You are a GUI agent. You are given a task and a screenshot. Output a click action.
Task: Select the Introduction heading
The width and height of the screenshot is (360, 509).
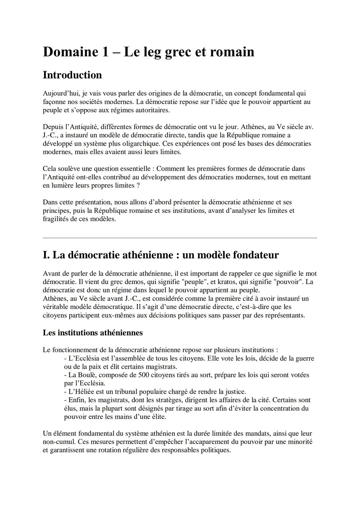point(72,75)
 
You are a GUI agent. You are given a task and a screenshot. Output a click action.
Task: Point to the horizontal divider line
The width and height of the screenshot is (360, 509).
point(180,238)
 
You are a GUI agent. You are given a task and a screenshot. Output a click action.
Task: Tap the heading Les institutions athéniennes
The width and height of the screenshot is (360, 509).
point(93,333)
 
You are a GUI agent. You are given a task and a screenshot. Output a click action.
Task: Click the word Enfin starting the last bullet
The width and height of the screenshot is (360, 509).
point(76,400)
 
